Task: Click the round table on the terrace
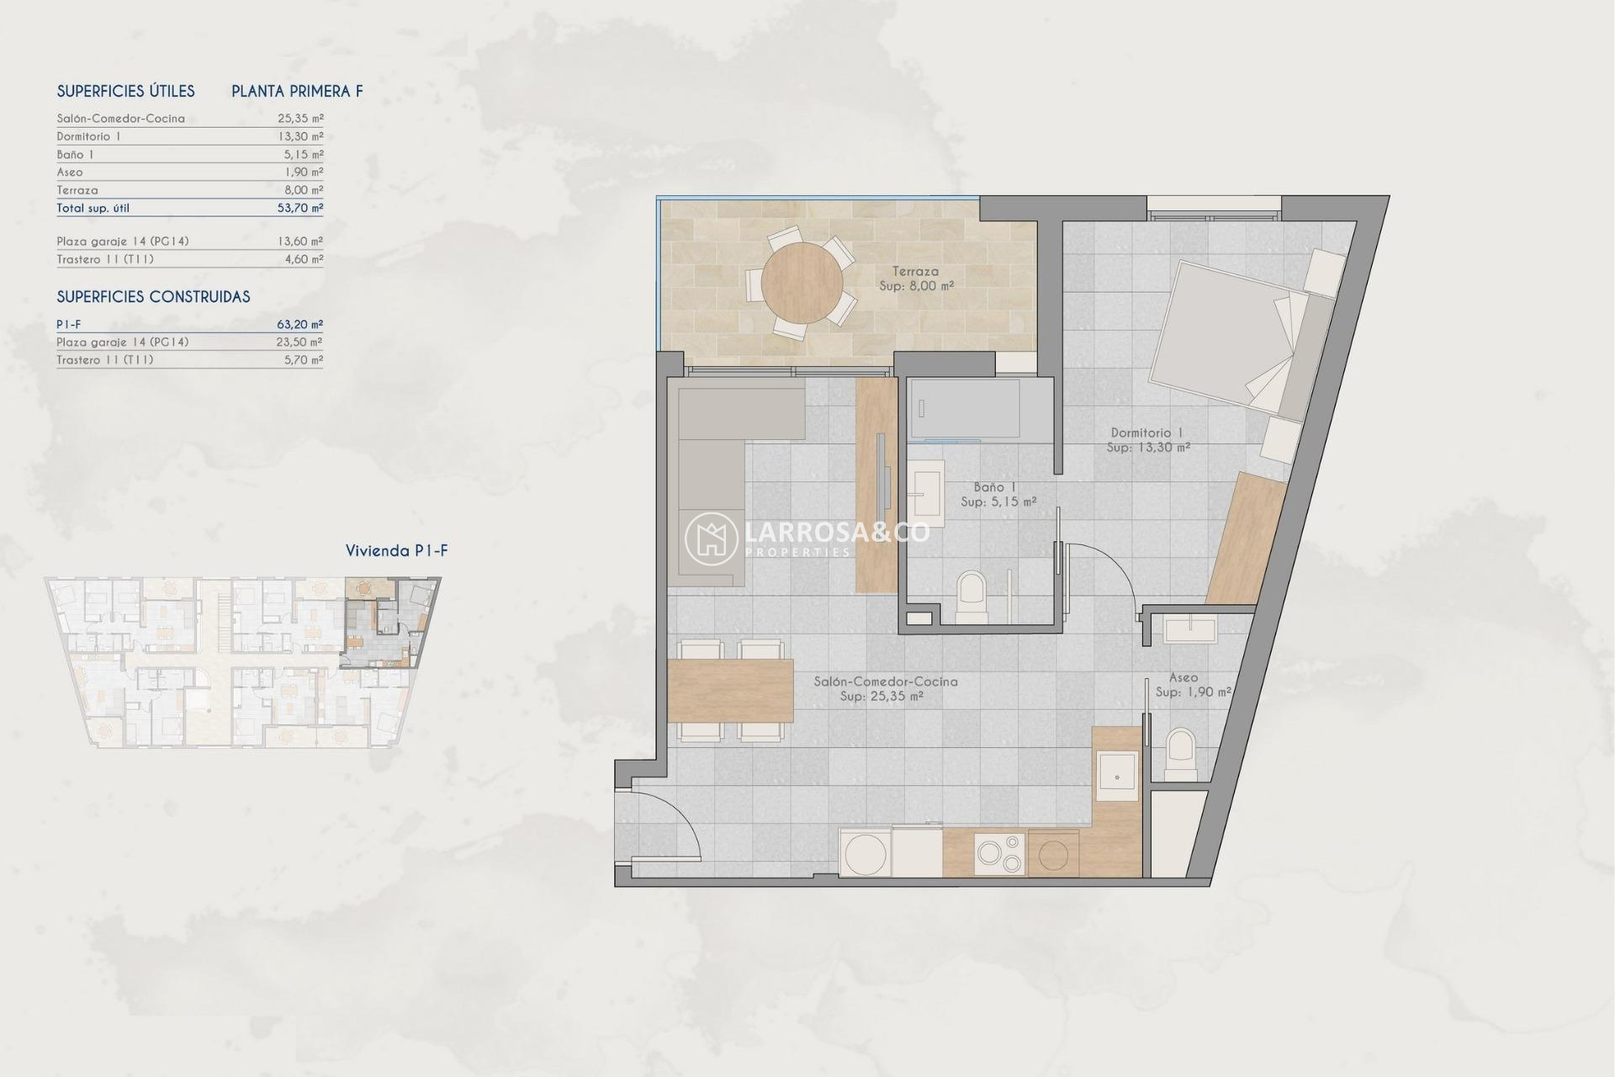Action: click(802, 283)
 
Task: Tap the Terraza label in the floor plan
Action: click(915, 272)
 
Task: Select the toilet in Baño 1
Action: click(972, 597)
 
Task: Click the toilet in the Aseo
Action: click(1181, 754)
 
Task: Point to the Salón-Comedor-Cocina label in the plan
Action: click(885, 682)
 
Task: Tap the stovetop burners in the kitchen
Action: click(999, 853)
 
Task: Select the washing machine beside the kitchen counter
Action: click(866, 853)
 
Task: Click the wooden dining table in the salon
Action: click(730, 691)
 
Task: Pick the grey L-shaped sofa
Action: click(711, 471)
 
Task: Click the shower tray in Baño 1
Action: click(965, 409)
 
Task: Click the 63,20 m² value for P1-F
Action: click(299, 324)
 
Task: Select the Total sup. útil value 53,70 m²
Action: click(299, 208)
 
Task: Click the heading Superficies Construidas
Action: click(153, 297)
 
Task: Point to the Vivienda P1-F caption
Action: click(396, 551)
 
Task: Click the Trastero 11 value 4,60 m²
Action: click(303, 259)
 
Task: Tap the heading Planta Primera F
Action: click(297, 92)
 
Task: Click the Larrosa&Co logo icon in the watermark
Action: click(711, 539)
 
